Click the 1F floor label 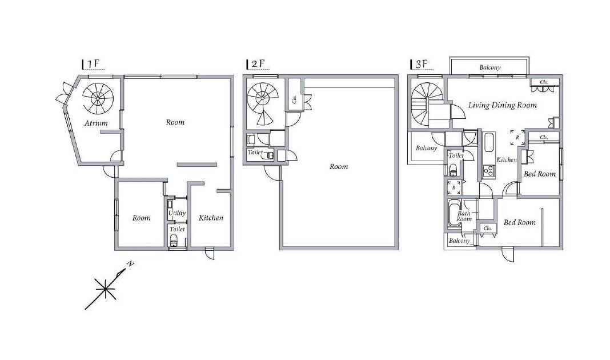(x=94, y=64)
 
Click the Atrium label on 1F (x=96, y=123)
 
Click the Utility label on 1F (x=177, y=213)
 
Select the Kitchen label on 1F (x=211, y=218)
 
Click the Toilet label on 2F (x=255, y=153)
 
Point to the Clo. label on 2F (x=294, y=99)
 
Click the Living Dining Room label (x=502, y=105)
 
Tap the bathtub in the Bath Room (x=454, y=213)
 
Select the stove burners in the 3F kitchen (x=488, y=170)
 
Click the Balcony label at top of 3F (x=490, y=67)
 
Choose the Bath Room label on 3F (x=464, y=216)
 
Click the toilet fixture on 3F (x=452, y=169)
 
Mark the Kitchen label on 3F (x=507, y=159)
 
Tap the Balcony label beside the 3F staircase (x=427, y=148)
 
